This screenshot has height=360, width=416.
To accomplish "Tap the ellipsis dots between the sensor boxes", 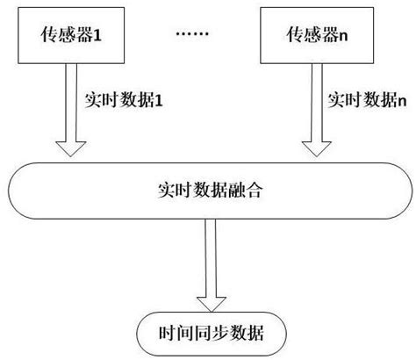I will (193, 36).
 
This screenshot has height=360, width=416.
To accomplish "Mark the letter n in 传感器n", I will (345, 37).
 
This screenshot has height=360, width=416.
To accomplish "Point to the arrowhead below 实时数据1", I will (74, 149).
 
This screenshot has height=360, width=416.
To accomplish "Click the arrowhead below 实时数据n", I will (315, 149).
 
